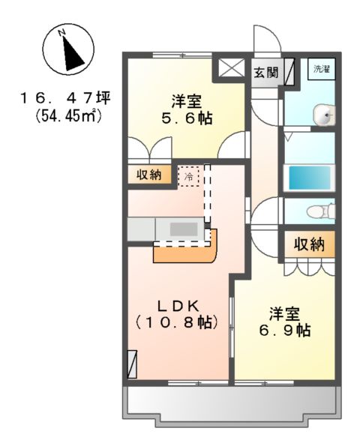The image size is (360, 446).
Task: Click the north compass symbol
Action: [68, 49]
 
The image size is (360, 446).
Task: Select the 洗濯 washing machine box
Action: [322, 69]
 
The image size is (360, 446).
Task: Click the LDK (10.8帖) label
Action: [177, 314]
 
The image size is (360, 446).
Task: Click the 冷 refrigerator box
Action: [189, 177]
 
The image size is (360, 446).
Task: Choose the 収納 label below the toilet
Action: [308, 244]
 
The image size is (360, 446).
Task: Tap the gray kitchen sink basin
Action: [182, 229]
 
